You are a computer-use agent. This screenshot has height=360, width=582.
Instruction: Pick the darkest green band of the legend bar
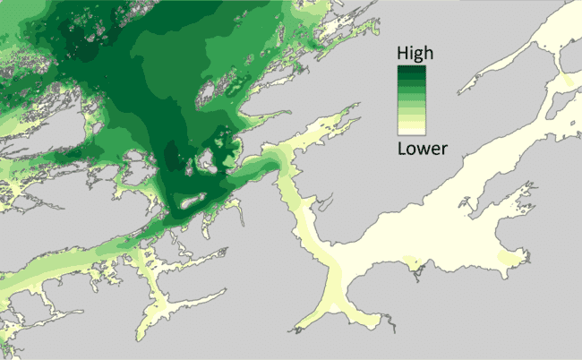pos(413,71)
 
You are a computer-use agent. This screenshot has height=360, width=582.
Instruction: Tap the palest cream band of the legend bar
pos(413,129)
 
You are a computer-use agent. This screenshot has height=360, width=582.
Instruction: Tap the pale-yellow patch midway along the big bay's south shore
pos(415,266)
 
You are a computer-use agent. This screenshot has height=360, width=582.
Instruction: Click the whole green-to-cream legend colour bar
pos(413,99)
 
